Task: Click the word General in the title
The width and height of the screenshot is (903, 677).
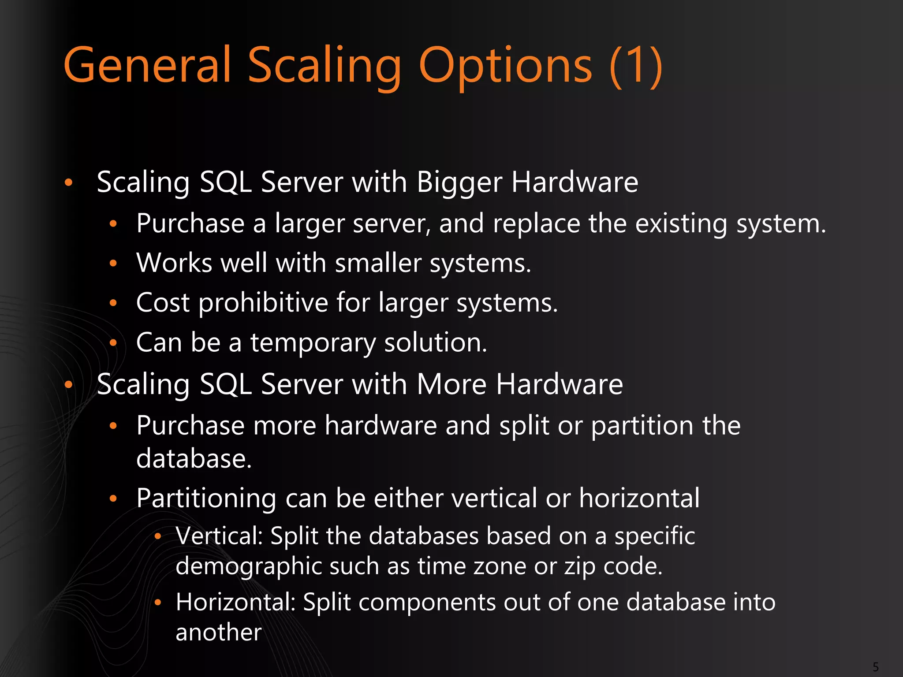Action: pos(148,65)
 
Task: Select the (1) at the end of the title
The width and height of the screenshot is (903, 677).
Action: pos(635,66)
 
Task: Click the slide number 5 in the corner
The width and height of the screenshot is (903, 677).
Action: pos(876,667)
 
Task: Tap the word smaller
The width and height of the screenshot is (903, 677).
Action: pos(378,263)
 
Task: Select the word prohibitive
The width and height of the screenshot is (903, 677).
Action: pos(263,303)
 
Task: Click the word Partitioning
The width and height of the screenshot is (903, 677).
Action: pos(206,498)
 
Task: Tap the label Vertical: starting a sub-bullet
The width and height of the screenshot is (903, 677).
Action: pos(219,536)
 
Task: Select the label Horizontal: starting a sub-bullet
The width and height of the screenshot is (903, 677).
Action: pos(235,602)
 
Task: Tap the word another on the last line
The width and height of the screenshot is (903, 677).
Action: pos(219,632)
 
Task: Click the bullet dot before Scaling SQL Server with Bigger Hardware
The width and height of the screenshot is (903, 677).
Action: pos(68,182)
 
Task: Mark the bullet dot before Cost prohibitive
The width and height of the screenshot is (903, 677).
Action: pos(113,303)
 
